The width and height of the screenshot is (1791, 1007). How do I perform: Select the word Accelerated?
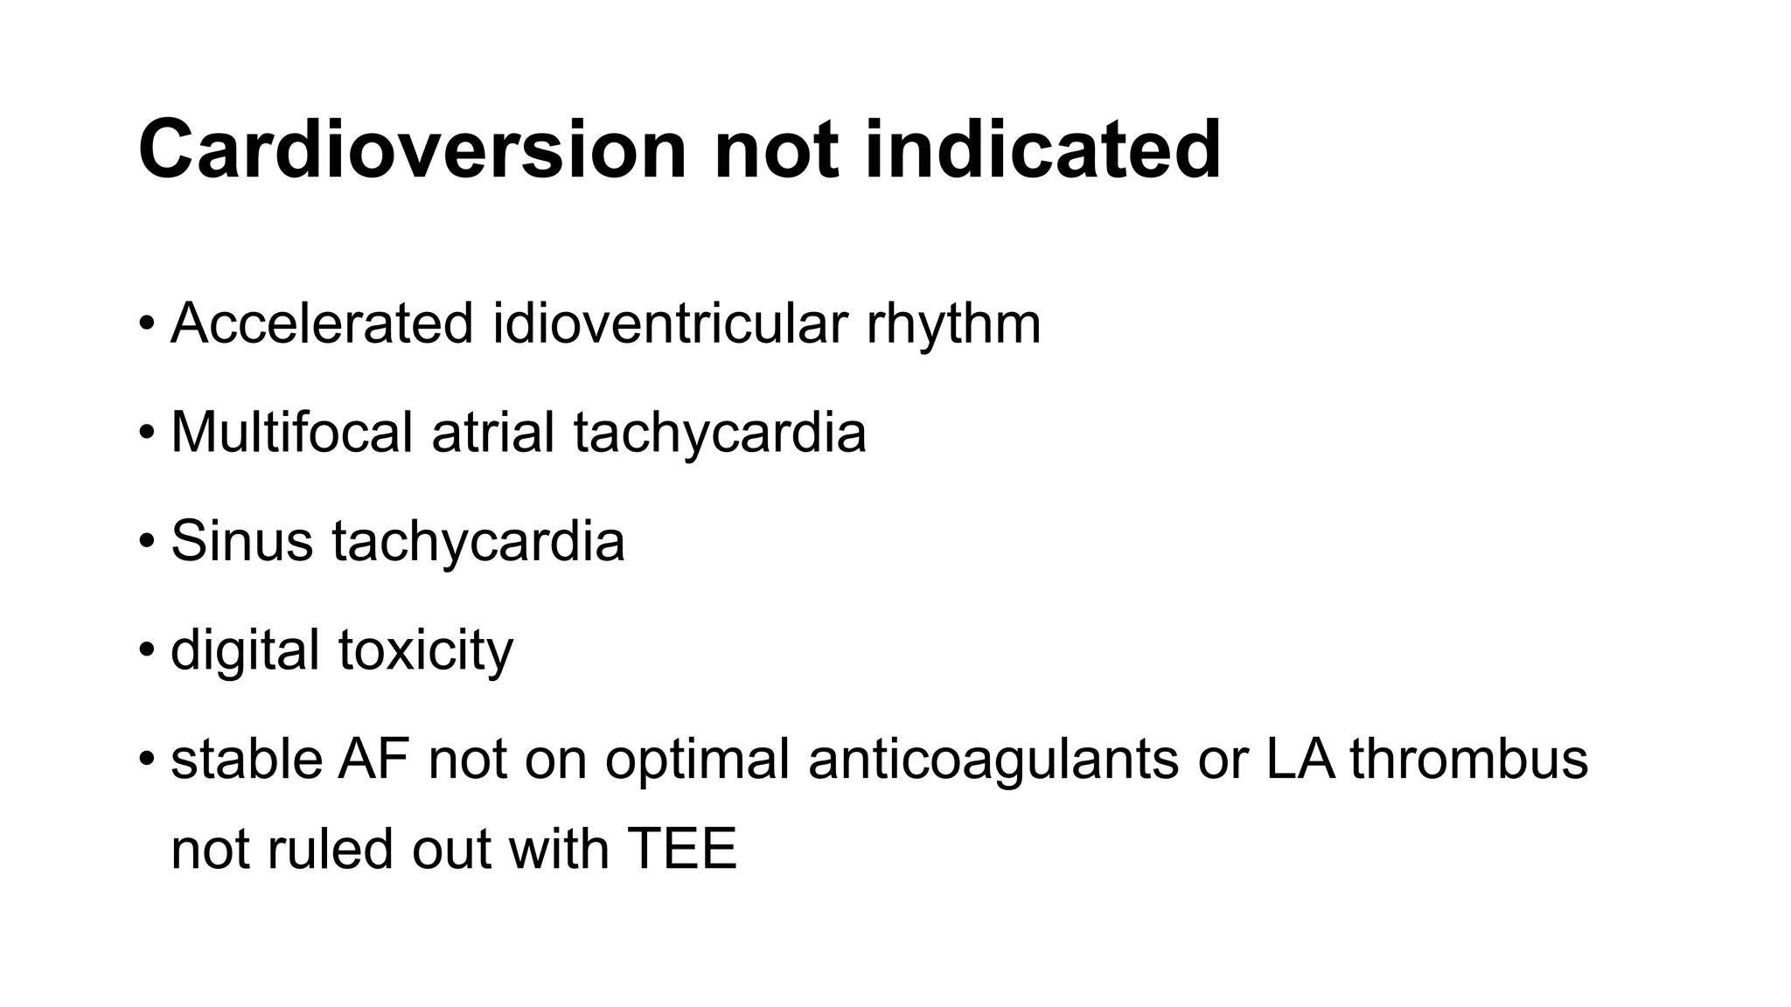point(322,323)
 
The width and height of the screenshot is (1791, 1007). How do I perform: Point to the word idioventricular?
point(670,323)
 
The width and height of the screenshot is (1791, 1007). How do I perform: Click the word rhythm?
point(953,323)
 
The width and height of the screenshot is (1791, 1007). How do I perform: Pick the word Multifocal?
point(291,432)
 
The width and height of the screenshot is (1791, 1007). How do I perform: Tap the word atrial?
point(493,432)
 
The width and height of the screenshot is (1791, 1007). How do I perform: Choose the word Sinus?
point(241,540)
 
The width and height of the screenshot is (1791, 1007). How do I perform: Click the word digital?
point(245,650)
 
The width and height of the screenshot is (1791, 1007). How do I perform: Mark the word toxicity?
point(426,650)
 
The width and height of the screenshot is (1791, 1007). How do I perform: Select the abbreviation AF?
point(373,759)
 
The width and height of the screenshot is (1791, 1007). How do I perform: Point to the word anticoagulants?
point(993,759)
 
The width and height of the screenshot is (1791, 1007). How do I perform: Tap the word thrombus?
point(1469,759)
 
